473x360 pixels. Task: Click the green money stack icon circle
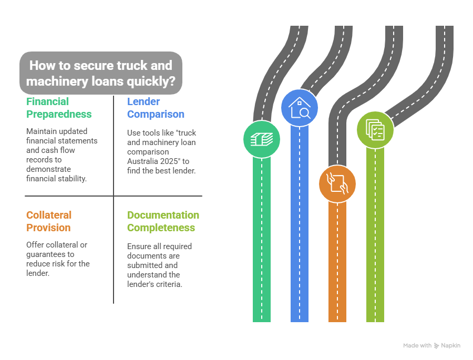(261, 139)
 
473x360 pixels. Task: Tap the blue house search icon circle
(299, 107)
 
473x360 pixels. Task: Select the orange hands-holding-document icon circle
(337, 184)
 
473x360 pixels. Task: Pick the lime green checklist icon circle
(375, 129)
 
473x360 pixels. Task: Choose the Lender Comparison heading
(156, 108)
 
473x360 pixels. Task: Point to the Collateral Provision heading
(48, 221)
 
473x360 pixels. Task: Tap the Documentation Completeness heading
(163, 221)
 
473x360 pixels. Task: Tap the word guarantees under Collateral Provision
(47, 254)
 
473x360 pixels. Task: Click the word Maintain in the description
(42, 131)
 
